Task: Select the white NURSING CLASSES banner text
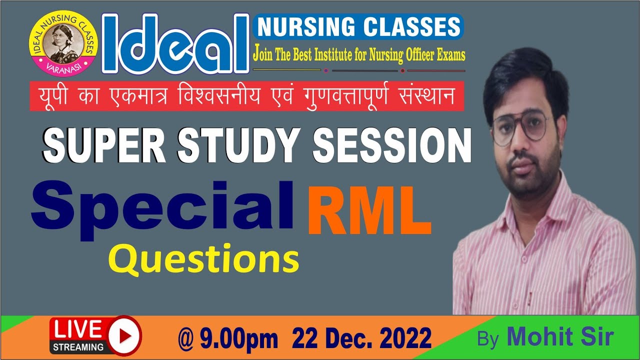[358, 27]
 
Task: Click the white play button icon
[123, 334]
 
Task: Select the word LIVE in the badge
[77, 329]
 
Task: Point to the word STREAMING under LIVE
[77, 346]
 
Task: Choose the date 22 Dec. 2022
[362, 339]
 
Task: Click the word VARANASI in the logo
[64, 68]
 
